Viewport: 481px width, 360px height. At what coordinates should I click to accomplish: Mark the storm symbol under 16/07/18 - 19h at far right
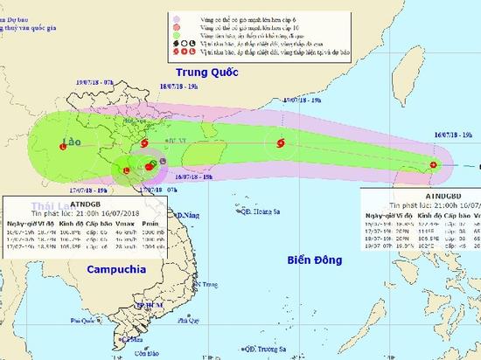435,164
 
